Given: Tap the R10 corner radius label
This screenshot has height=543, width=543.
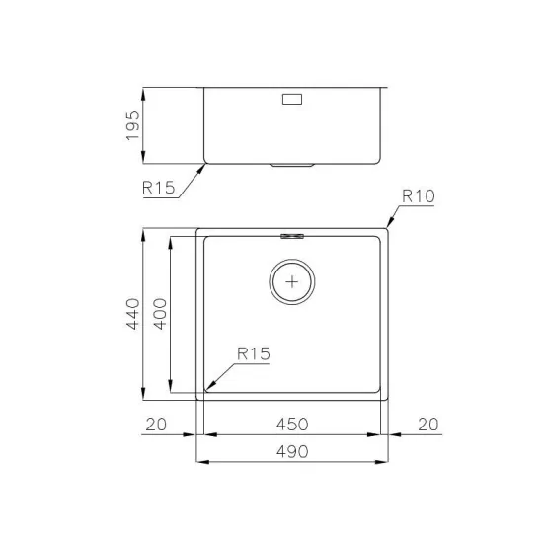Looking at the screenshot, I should pos(418,196).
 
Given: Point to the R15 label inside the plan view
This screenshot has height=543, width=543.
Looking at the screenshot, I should pos(253,353).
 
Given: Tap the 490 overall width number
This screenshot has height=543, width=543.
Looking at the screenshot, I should pos(292,451).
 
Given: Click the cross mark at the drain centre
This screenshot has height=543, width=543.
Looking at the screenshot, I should pos(292,281).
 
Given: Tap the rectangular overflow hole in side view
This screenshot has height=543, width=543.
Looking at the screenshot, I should pos(293,99).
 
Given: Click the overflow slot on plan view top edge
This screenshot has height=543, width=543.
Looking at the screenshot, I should pos(292,235).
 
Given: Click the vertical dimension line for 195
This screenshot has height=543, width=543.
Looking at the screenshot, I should pos(146,126).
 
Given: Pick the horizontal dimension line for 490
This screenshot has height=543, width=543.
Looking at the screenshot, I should pos(292,461).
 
